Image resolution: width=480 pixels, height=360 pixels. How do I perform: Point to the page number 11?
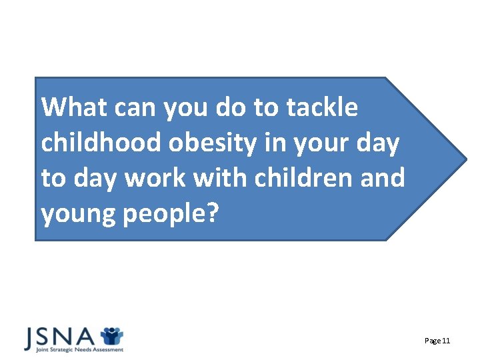447,341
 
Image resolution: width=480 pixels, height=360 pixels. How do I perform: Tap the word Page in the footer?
432,341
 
